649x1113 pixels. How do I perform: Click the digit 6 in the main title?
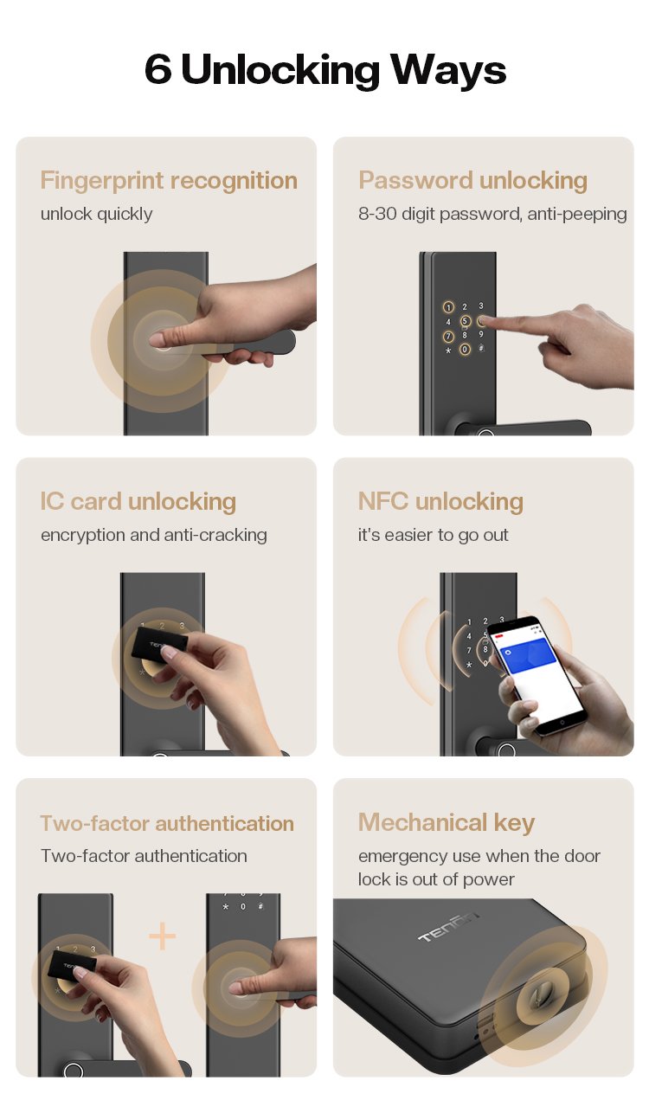[x=158, y=68]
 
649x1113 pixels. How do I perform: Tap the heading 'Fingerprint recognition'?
[x=169, y=181]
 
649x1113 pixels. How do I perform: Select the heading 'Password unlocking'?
[x=472, y=180]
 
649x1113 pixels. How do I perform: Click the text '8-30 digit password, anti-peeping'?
[x=492, y=214]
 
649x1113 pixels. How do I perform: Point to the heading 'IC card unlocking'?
[x=138, y=501]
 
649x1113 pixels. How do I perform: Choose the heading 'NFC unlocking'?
[x=440, y=501]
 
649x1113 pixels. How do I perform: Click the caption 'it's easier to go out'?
[x=433, y=535]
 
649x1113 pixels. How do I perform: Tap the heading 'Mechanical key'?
[x=447, y=822]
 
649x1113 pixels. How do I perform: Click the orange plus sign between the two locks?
[x=163, y=936]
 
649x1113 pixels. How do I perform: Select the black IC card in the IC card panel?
[x=158, y=645]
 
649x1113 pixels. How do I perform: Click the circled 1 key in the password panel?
[x=448, y=307]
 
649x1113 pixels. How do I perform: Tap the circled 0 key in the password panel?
[x=465, y=350]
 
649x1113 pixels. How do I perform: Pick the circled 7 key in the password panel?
[x=448, y=337]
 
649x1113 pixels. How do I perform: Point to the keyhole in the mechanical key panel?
[x=538, y=996]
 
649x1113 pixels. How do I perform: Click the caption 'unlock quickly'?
[x=96, y=214]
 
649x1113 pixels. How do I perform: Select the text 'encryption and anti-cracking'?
[x=154, y=535]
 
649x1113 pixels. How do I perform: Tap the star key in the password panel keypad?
[x=448, y=351]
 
